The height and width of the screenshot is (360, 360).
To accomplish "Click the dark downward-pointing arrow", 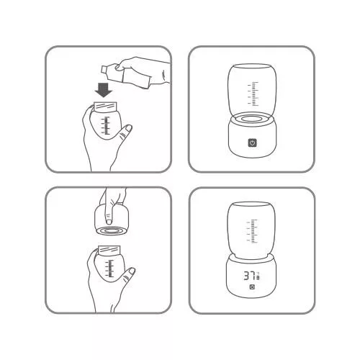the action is tap(104, 89).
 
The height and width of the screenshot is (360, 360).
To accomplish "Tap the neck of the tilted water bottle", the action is tap(104, 69).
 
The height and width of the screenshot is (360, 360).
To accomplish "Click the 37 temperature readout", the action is tap(249, 276).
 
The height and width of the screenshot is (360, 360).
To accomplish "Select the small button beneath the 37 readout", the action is tap(252, 287).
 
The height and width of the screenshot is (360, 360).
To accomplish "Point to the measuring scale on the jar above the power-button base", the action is tap(253, 94).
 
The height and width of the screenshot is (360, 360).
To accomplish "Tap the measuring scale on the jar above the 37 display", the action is tap(253, 231).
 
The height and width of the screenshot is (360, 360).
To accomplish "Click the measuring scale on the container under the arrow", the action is tap(106, 125).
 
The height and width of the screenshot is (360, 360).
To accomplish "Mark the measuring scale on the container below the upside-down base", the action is tap(109, 269).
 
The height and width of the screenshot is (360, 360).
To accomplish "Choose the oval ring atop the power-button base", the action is tap(252, 119).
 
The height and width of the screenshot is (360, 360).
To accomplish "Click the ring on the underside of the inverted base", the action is tap(110, 231).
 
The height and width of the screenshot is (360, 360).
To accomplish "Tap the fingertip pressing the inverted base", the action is tap(109, 221).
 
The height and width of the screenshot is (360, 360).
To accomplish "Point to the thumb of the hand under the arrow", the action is tap(125, 134).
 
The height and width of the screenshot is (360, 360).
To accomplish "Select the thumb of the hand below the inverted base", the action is tap(128, 276).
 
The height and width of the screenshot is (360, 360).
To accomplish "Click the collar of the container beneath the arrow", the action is tap(105, 107).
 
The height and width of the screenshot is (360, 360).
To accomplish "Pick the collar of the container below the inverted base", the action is tap(109, 250).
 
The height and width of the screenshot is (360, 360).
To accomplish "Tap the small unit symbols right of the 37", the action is tap(258, 276).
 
